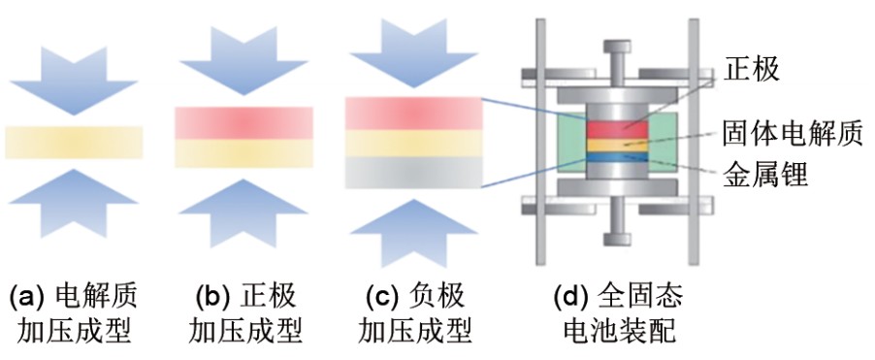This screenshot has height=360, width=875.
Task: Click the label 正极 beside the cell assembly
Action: point(751,69)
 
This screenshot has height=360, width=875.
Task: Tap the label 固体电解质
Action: point(793,134)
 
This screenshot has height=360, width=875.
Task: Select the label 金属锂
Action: point(764,174)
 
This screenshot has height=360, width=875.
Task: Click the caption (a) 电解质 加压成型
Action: point(73,314)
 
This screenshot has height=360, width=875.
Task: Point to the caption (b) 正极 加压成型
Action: point(245,314)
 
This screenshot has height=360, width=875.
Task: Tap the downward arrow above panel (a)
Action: point(73,81)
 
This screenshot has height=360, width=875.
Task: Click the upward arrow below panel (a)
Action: point(73,203)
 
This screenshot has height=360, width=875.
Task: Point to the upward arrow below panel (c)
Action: point(413,233)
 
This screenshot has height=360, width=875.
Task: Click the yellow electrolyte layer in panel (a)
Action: point(75,143)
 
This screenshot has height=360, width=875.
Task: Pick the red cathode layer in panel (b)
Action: point(243,123)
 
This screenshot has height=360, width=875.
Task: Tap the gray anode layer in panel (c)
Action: point(413,172)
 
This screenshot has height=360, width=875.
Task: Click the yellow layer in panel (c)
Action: point(413,144)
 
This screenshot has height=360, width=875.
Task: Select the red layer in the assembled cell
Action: point(617,129)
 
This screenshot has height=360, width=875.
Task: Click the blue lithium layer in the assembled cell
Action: point(617,157)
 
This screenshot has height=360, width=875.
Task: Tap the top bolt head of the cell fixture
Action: point(617,47)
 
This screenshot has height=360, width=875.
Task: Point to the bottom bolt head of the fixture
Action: point(617,239)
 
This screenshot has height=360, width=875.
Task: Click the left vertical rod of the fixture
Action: point(540,142)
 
